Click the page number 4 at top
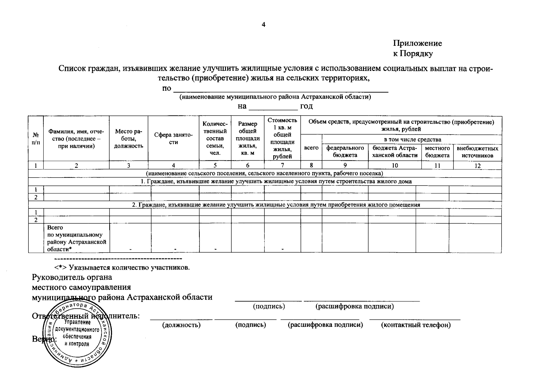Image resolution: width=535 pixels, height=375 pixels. (x=263, y=25)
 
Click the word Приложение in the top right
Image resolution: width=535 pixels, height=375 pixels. (x=417, y=43)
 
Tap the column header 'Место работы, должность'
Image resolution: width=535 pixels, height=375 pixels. (x=128, y=139)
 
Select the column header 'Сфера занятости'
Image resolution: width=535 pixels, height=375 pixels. (x=173, y=138)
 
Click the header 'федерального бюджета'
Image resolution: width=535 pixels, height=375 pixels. (x=345, y=152)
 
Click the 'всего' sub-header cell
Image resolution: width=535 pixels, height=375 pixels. (x=311, y=148)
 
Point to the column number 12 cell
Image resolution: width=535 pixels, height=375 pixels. (x=477, y=166)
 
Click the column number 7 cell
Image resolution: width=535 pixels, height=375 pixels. (x=282, y=166)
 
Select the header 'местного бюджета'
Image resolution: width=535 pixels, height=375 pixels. (x=437, y=152)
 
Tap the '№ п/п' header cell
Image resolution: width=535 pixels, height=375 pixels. (x=36, y=139)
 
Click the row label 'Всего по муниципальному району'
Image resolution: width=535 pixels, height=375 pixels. (x=76, y=238)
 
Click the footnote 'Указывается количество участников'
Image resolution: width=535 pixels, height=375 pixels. (x=122, y=267)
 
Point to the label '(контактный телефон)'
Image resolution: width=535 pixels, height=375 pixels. (x=416, y=325)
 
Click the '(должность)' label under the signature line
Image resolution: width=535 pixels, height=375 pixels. (x=181, y=325)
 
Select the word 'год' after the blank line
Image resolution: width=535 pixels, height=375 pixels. (x=306, y=106)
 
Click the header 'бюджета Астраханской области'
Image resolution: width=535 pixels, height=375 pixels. (x=395, y=152)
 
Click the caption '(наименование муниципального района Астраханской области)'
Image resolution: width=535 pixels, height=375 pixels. (x=275, y=97)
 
